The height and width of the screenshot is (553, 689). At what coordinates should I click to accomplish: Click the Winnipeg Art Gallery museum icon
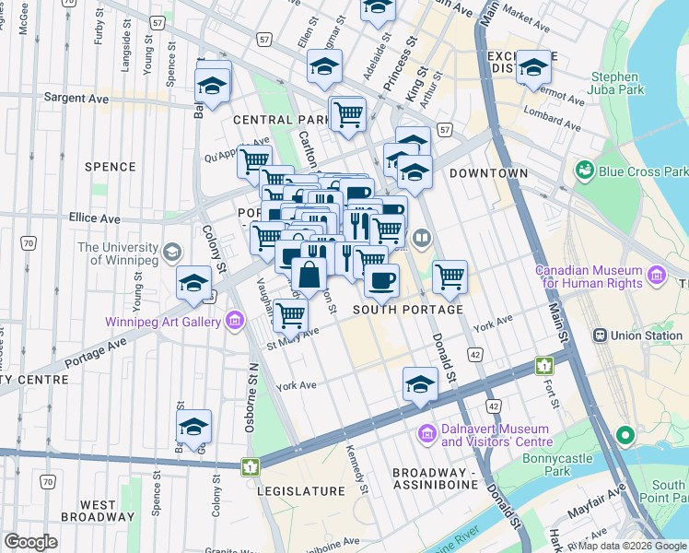click(234, 321)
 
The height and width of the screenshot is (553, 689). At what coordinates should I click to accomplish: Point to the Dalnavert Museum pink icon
click(427, 433)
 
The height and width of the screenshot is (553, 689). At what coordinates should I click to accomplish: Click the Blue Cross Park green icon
click(583, 171)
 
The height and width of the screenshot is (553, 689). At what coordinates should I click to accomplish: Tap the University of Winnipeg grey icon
click(171, 252)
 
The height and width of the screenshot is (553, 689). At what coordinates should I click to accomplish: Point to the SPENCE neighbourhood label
click(110, 167)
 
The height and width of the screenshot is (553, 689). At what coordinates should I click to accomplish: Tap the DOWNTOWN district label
click(488, 173)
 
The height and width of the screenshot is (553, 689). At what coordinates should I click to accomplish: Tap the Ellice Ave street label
click(94, 218)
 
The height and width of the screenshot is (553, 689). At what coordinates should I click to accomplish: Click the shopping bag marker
click(309, 275)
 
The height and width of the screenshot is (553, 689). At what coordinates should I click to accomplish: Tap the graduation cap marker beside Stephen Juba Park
click(532, 68)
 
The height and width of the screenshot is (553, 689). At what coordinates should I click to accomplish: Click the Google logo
click(30, 542)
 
